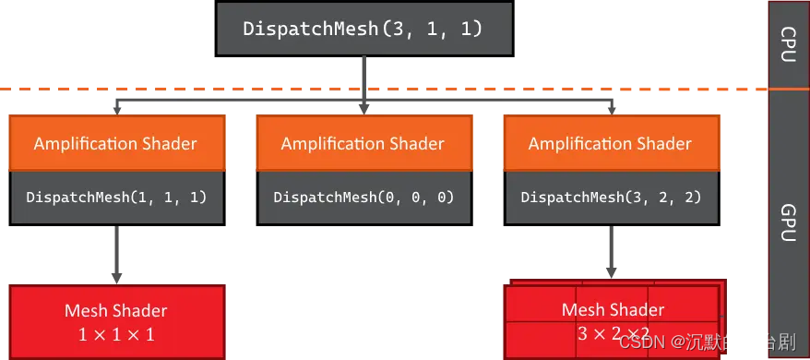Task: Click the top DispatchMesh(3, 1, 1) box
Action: [363, 28]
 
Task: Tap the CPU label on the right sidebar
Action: [789, 43]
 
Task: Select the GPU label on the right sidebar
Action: [789, 222]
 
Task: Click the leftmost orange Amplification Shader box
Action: [115, 143]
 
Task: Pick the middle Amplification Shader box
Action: [363, 143]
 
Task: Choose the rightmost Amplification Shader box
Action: [610, 143]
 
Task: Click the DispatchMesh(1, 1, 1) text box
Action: [115, 197]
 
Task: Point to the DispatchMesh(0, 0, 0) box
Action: [363, 197]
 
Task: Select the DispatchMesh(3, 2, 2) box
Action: [610, 197]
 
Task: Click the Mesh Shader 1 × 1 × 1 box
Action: [116, 321]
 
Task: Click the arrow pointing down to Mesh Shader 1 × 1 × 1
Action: [116, 254]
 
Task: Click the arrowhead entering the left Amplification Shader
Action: [116, 110]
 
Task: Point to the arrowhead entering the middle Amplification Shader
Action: [363, 110]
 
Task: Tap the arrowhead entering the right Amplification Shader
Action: [611, 110]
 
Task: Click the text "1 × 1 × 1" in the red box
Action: [116, 333]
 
